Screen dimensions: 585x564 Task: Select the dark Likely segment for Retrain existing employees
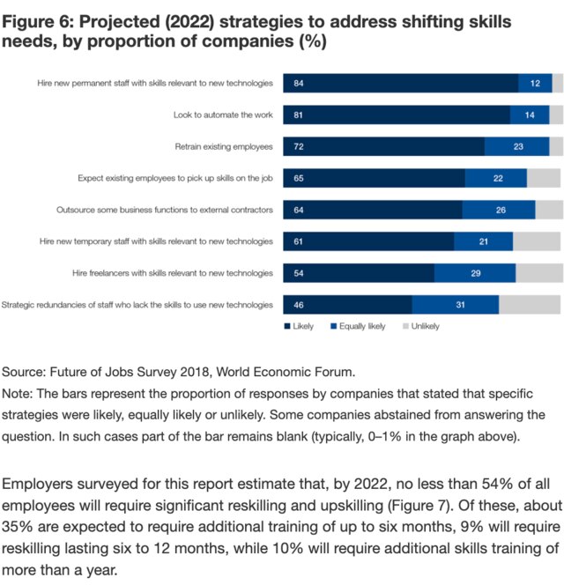tap(383, 146)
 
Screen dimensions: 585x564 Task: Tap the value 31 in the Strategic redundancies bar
tap(460, 305)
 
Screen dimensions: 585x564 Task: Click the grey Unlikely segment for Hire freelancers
tap(538, 273)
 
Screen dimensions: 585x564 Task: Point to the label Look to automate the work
tap(222, 115)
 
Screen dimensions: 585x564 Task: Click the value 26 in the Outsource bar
tap(501, 210)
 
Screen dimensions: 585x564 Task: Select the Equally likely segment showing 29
tap(475, 273)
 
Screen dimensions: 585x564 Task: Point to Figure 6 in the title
tap(41, 19)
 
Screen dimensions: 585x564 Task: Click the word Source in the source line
tap(23, 371)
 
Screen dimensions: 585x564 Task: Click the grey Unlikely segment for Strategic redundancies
tap(530, 305)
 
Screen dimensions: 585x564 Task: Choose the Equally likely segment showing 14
tap(530, 115)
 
